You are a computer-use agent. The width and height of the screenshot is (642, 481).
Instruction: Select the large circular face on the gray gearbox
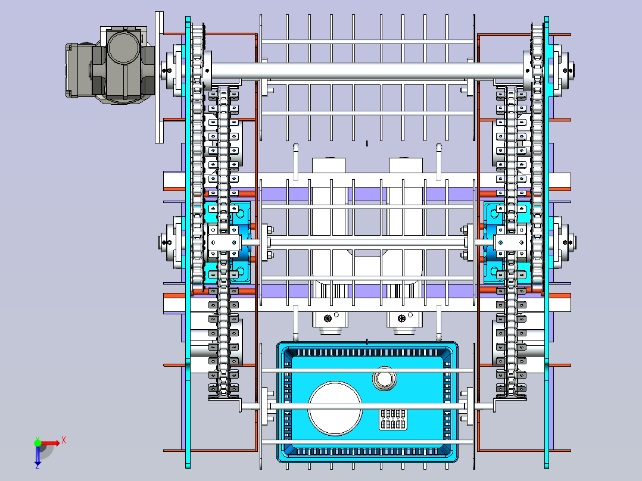[x=124, y=48]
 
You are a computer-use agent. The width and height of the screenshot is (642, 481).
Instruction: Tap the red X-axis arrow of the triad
[x=49, y=443]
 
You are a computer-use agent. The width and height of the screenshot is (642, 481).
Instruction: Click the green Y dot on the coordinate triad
[x=38, y=442]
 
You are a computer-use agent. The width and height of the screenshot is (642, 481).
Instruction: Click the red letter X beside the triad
[x=64, y=441]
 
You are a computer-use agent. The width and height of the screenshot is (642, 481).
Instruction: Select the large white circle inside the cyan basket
[x=335, y=408]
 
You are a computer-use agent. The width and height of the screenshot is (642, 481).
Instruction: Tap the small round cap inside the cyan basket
[x=385, y=379]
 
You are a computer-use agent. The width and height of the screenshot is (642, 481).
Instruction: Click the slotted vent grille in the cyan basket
[x=392, y=419]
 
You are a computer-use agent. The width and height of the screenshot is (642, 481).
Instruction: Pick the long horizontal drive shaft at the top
[x=367, y=71]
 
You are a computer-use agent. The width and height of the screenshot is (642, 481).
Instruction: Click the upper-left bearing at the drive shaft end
[x=173, y=70]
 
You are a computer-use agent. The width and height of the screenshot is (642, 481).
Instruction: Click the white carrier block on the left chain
[x=224, y=243]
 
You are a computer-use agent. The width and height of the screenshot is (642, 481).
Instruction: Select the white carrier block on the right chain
[x=510, y=243]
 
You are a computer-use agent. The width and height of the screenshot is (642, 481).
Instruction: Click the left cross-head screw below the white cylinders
[x=328, y=318]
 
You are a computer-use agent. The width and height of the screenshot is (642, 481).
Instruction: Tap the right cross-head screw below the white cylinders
[x=401, y=318]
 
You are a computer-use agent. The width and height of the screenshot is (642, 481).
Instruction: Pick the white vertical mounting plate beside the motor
[x=159, y=77]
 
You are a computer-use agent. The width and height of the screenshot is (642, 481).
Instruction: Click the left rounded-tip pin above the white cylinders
[x=295, y=161]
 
